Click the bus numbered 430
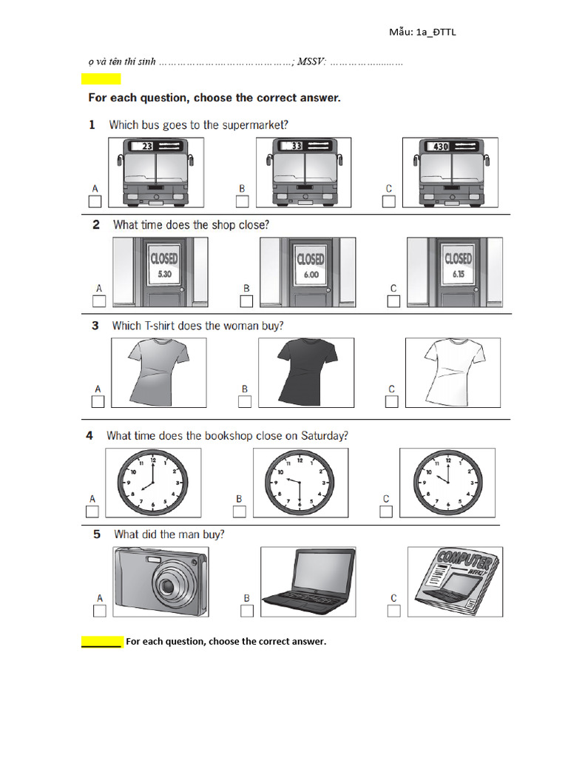pyautogui.click(x=450, y=172)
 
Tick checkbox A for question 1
pyautogui.click(x=95, y=202)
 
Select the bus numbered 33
pyautogui.click(x=304, y=172)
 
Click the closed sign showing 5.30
pyautogui.click(x=163, y=265)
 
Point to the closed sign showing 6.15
pyautogui.click(x=458, y=265)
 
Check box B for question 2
pyautogui.click(x=246, y=301)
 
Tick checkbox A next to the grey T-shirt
pyautogui.click(x=97, y=401)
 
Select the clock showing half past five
pyautogui.click(x=300, y=481)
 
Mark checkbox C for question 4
pyautogui.click(x=386, y=512)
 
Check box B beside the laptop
pyautogui.click(x=247, y=611)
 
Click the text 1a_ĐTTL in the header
pyautogui.click(x=441, y=32)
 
